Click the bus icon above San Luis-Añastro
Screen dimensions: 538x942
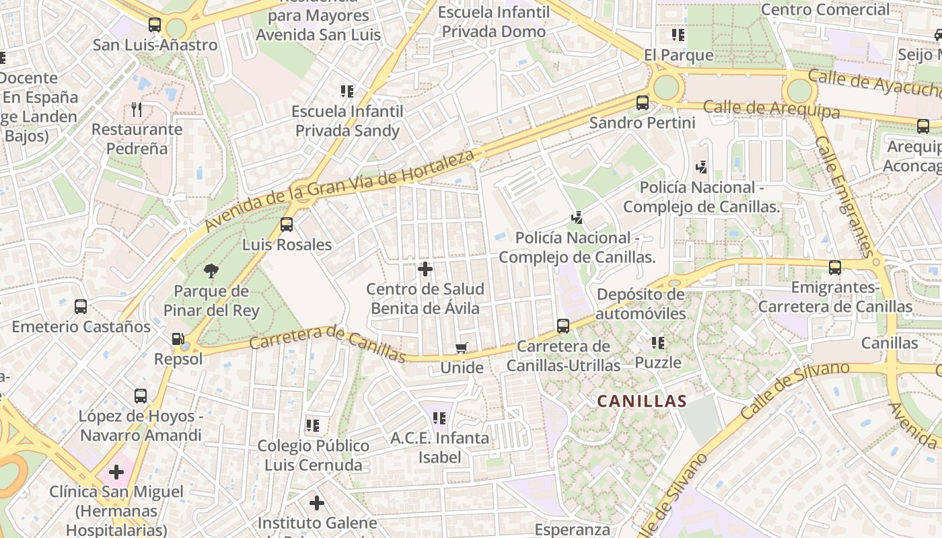coord(155,26)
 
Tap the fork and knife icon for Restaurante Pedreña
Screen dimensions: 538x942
coord(137,110)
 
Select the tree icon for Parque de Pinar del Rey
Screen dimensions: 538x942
coord(211,272)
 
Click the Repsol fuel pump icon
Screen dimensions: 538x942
coord(178,340)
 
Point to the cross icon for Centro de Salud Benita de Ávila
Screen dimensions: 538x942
coord(425,269)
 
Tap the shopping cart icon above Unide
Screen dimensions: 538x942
coord(462,348)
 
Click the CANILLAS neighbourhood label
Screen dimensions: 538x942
coord(642,401)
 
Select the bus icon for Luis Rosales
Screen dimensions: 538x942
coord(287,225)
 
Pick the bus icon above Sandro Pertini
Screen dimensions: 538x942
coord(643,103)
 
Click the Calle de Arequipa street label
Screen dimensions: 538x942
coord(772,109)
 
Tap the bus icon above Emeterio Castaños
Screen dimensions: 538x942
coord(81,307)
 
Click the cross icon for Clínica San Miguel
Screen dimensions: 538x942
coord(116,471)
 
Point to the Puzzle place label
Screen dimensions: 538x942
coord(658,363)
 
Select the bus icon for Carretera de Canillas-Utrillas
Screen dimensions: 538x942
coord(563,326)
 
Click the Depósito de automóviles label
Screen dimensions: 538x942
coord(641,304)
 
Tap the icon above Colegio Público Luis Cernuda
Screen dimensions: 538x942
coord(313,426)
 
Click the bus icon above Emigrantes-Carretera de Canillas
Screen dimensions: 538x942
coord(835,268)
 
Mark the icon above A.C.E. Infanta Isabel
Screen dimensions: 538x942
coord(439,418)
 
